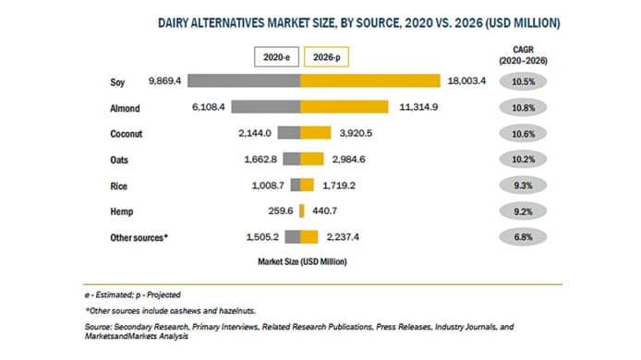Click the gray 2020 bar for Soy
pyautogui.click(x=244, y=81)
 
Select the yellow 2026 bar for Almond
pyautogui.click(x=345, y=107)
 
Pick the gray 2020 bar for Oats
pyautogui.click(x=291, y=158)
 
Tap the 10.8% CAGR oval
pyautogui.click(x=522, y=107)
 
